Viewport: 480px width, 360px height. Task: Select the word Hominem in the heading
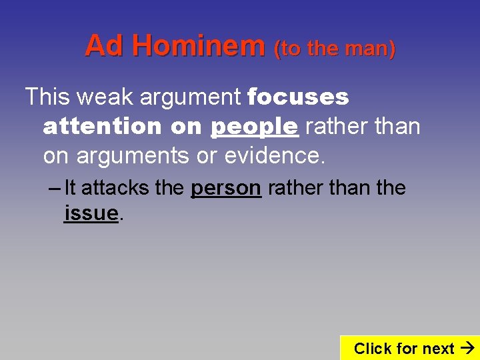click(197, 46)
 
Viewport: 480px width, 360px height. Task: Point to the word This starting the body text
click(47, 97)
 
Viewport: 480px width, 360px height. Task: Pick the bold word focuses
click(298, 97)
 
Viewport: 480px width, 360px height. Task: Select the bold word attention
click(102, 125)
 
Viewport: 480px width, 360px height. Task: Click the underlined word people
click(254, 126)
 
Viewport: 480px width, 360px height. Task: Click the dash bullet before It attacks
click(55, 188)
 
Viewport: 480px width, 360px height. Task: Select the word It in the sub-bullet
click(71, 188)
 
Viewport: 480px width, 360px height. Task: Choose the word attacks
click(115, 188)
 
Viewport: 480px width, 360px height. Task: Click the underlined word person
click(225, 189)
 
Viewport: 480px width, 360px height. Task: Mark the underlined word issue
click(91, 213)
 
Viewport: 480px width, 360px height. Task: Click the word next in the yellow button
click(438, 348)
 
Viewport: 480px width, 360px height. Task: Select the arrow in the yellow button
click(467, 348)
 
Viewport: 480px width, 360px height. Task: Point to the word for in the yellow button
click(406, 348)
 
